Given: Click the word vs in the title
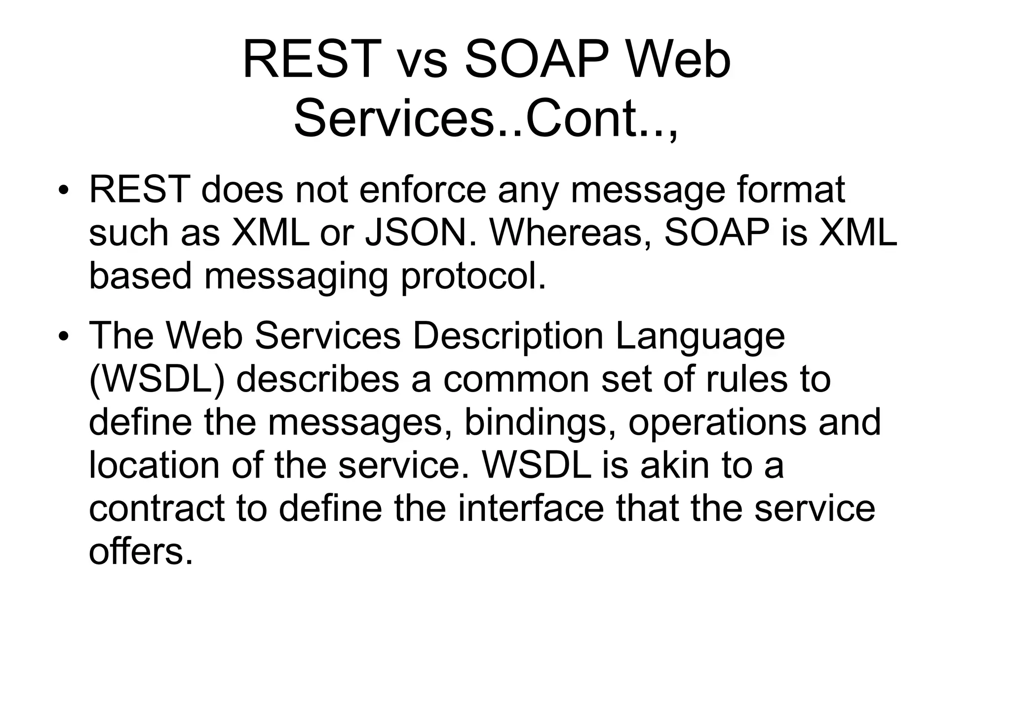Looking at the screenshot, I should coord(422,61).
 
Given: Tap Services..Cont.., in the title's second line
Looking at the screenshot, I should coord(486,120).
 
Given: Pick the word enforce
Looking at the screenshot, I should coord(423,190).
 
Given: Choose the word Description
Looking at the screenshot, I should coord(507,336).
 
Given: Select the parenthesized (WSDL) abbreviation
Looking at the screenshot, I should coord(156,380).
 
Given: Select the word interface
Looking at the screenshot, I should coord(531,509).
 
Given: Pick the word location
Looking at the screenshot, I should coord(154,466).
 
